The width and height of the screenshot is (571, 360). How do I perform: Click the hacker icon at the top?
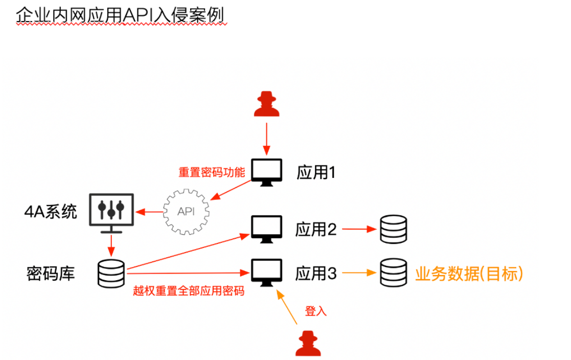click(x=266, y=104)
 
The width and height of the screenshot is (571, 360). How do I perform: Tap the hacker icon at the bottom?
click(x=308, y=343)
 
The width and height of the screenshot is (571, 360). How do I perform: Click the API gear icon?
click(x=186, y=210)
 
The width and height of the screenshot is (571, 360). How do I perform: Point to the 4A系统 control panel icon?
click(x=111, y=211)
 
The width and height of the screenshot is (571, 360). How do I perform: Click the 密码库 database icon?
click(x=111, y=273)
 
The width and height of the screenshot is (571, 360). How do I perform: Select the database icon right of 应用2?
click(x=393, y=229)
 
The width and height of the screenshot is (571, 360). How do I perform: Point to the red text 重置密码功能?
click(x=212, y=173)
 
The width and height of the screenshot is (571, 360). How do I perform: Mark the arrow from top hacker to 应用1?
click(x=266, y=137)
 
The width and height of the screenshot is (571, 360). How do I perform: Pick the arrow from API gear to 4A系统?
click(x=148, y=211)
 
